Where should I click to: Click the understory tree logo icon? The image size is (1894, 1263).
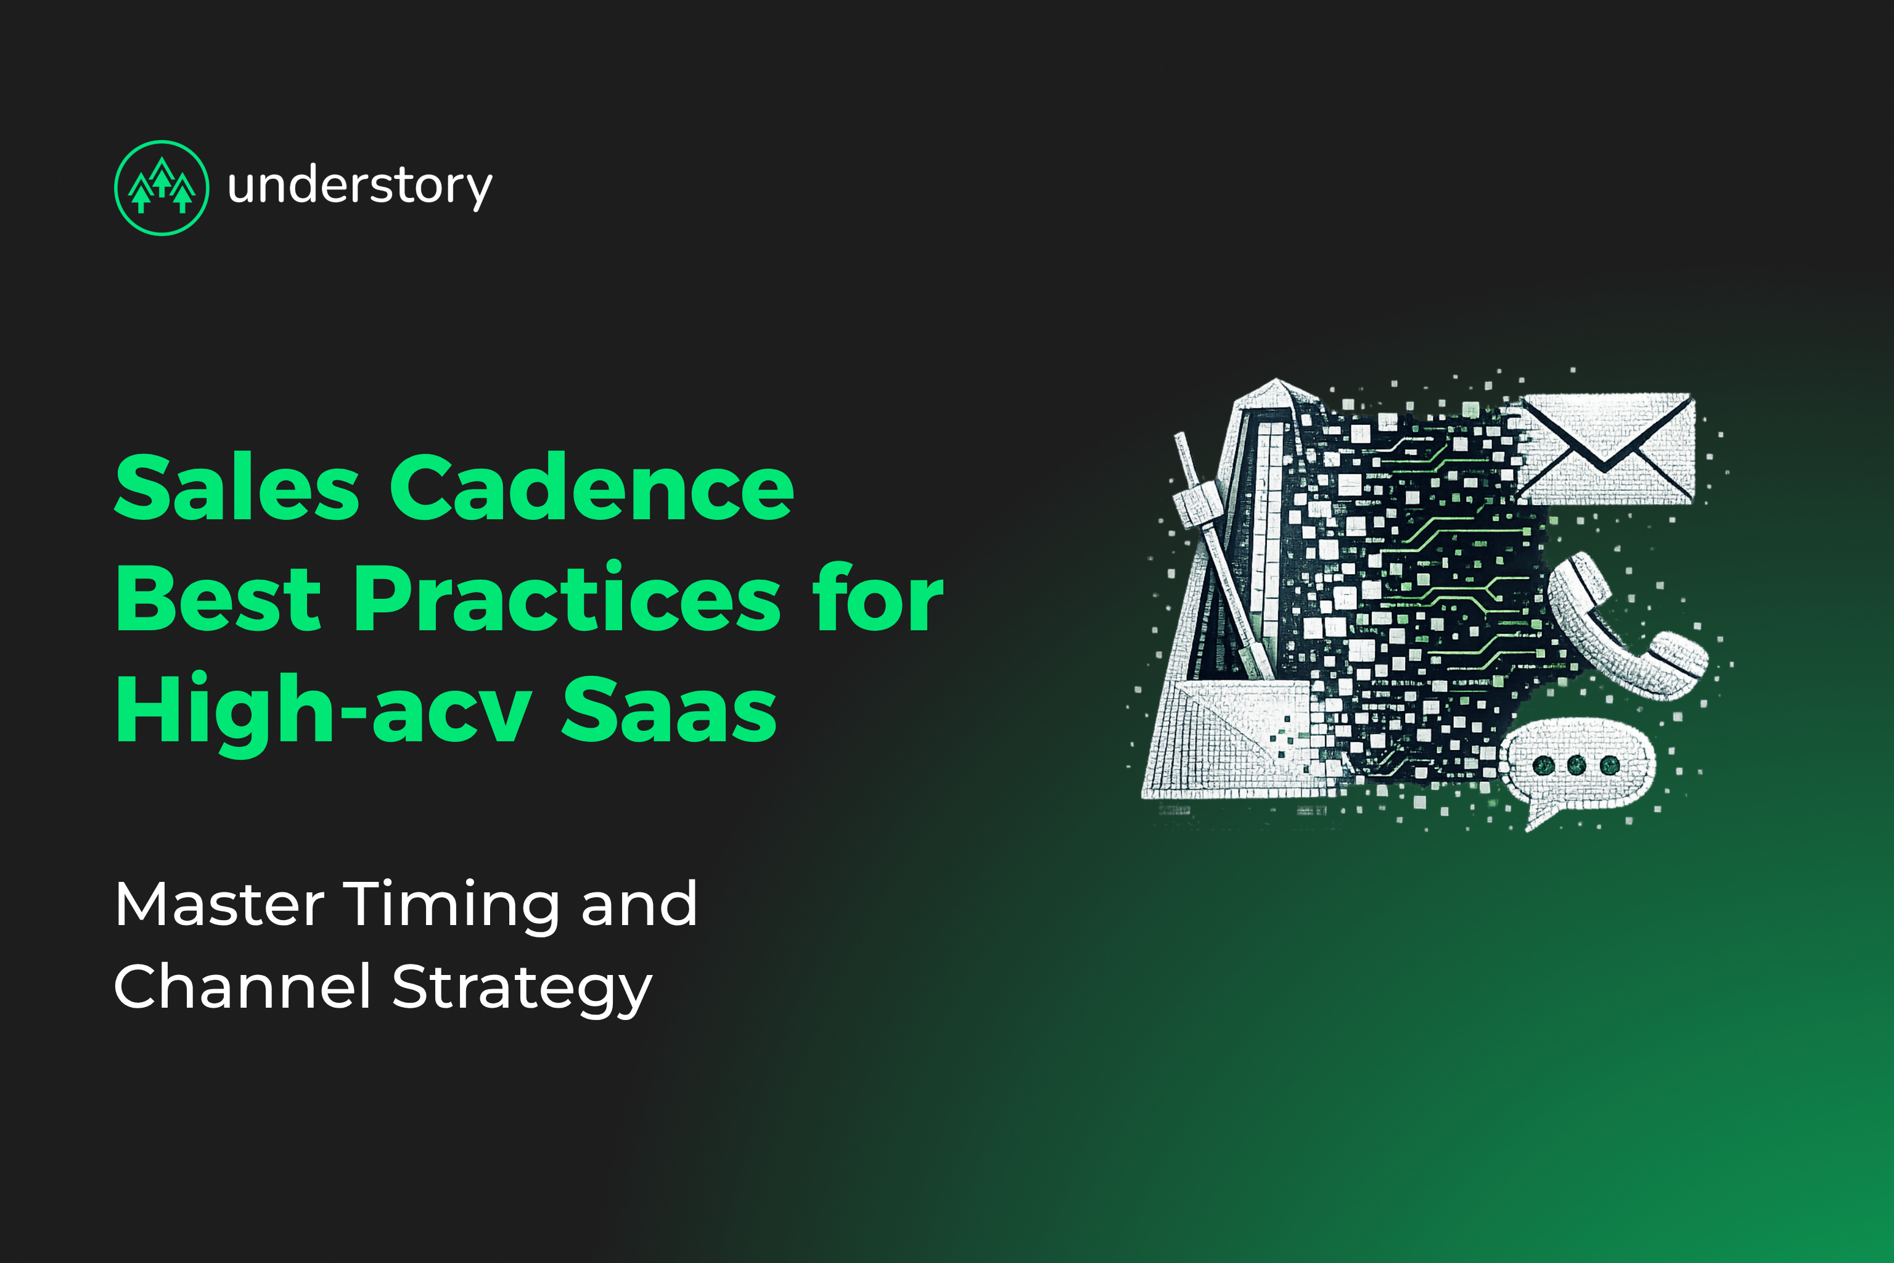162,187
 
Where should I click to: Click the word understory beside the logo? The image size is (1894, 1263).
359,187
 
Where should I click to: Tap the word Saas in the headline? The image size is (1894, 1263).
668,710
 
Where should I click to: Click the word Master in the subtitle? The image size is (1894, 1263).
219,905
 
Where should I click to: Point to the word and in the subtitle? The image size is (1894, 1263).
639,905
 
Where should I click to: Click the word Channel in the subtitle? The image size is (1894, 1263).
242,987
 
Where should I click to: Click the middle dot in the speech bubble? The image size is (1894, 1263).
1576,765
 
